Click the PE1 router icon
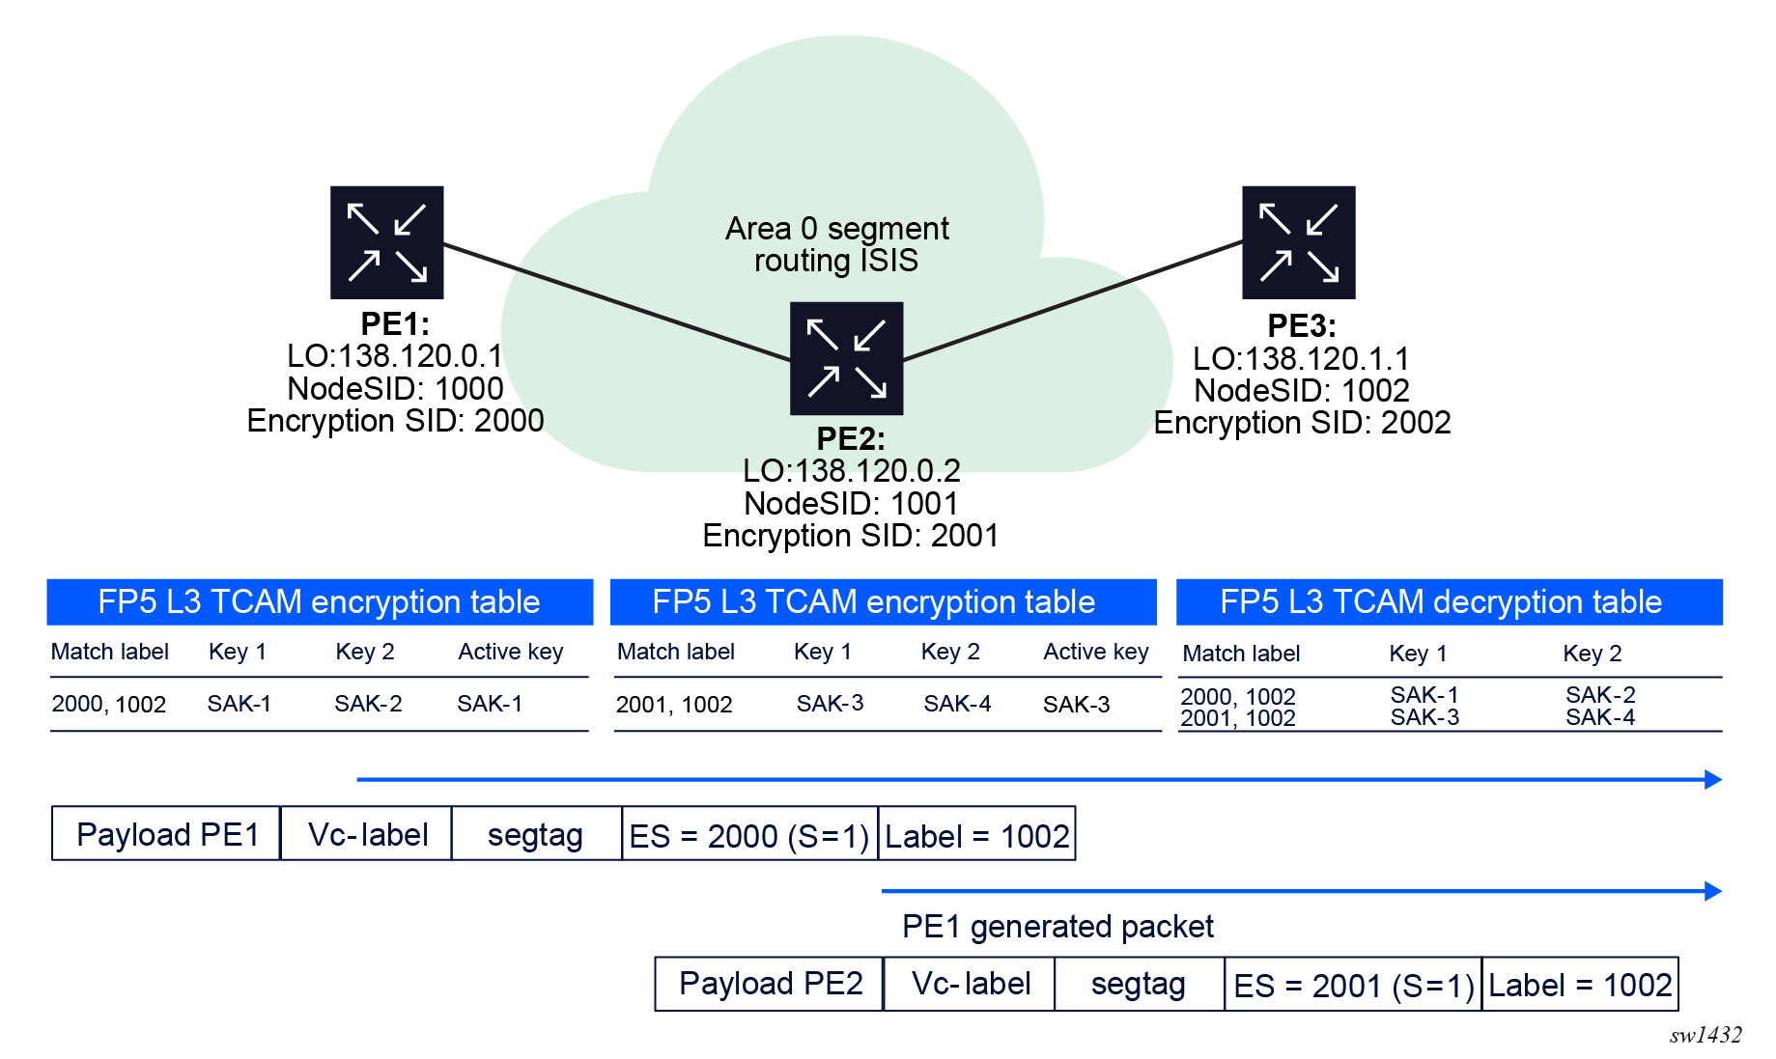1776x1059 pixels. tap(386, 242)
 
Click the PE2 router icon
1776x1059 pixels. tap(846, 358)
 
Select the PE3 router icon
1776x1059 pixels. tap(1298, 242)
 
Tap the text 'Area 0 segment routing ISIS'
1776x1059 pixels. tap(836, 244)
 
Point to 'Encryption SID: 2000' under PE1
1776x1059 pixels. tap(395, 421)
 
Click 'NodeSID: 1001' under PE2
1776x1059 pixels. tap(851, 503)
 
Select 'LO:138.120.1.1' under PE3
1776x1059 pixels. tap(1301, 359)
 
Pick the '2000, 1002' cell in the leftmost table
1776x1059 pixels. tap(109, 705)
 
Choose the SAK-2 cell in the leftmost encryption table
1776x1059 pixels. tap(368, 704)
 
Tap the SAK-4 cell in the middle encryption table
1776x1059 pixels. tap(957, 704)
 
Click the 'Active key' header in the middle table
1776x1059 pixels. tap(1096, 653)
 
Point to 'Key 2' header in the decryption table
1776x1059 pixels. tap(1593, 654)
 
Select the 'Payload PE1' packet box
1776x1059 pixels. tap(166, 833)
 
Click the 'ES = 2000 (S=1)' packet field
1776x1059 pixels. tap(750, 833)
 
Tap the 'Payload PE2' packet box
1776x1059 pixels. tap(770, 984)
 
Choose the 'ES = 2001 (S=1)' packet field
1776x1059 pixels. tap(1353, 984)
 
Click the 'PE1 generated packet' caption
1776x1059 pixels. tap(1057, 927)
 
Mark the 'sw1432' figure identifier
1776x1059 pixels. tap(1706, 1036)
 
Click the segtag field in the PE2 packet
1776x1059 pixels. tap(1139, 984)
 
